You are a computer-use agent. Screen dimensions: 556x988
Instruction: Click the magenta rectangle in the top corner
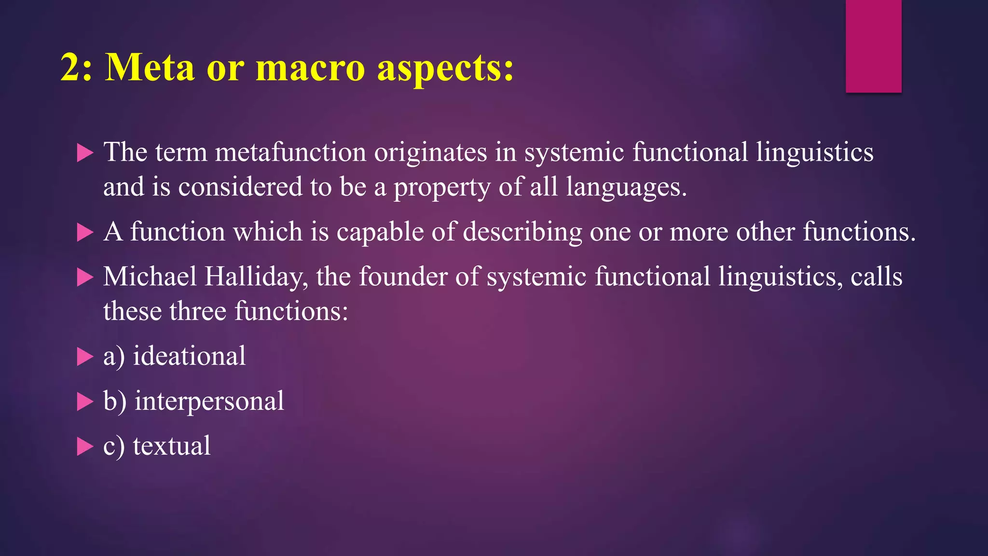coord(873,46)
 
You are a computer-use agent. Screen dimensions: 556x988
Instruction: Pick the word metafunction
coord(290,152)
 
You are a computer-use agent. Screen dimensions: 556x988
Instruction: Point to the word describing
coord(522,232)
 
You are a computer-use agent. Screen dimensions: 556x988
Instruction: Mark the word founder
coord(403,277)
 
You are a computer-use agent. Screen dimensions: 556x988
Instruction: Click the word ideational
coord(189,356)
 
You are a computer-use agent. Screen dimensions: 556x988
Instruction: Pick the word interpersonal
coord(209,401)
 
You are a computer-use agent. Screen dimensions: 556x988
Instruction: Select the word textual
coord(172,445)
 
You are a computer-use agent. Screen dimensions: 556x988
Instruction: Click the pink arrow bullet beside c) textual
coord(85,446)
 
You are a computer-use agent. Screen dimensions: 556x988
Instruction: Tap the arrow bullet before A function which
coord(85,233)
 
